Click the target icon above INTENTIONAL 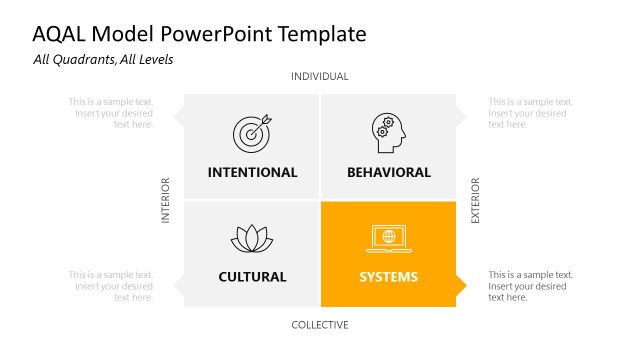tap(252, 133)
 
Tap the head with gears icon tap(388, 133)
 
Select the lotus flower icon tap(252, 238)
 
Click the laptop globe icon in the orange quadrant tap(388, 238)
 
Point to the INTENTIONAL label tap(252, 172)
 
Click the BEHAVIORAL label tap(389, 172)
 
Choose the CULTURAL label tap(252, 277)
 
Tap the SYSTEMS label tap(389, 277)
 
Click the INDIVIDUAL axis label tap(320, 77)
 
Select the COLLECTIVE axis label tap(320, 325)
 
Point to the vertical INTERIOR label tap(167, 201)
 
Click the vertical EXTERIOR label tap(476, 201)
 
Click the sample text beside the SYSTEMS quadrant tap(530, 286)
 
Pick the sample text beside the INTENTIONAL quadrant tap(111, 113)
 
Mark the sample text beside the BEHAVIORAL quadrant tap(530, 113)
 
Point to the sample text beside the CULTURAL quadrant tap(111, 286)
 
